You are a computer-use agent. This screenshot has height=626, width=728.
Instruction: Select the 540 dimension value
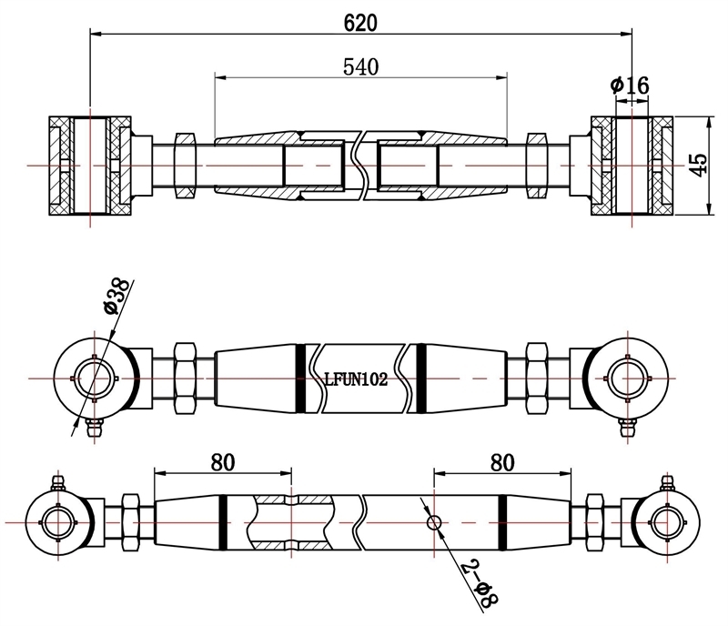(x=360, y=66)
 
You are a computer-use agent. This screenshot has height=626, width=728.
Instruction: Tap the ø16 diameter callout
(x=630, y=86)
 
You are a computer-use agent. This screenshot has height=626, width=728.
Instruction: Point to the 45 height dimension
(x=698, y=164)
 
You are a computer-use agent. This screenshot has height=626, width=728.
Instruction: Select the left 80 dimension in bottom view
(x=222, y=461)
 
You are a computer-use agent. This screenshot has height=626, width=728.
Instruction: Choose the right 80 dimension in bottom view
(x=501, y=461)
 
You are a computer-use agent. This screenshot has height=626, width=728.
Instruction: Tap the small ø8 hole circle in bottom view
(x=434, y=522)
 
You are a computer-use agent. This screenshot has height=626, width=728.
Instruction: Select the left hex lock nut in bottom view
(x=128, y=521)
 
